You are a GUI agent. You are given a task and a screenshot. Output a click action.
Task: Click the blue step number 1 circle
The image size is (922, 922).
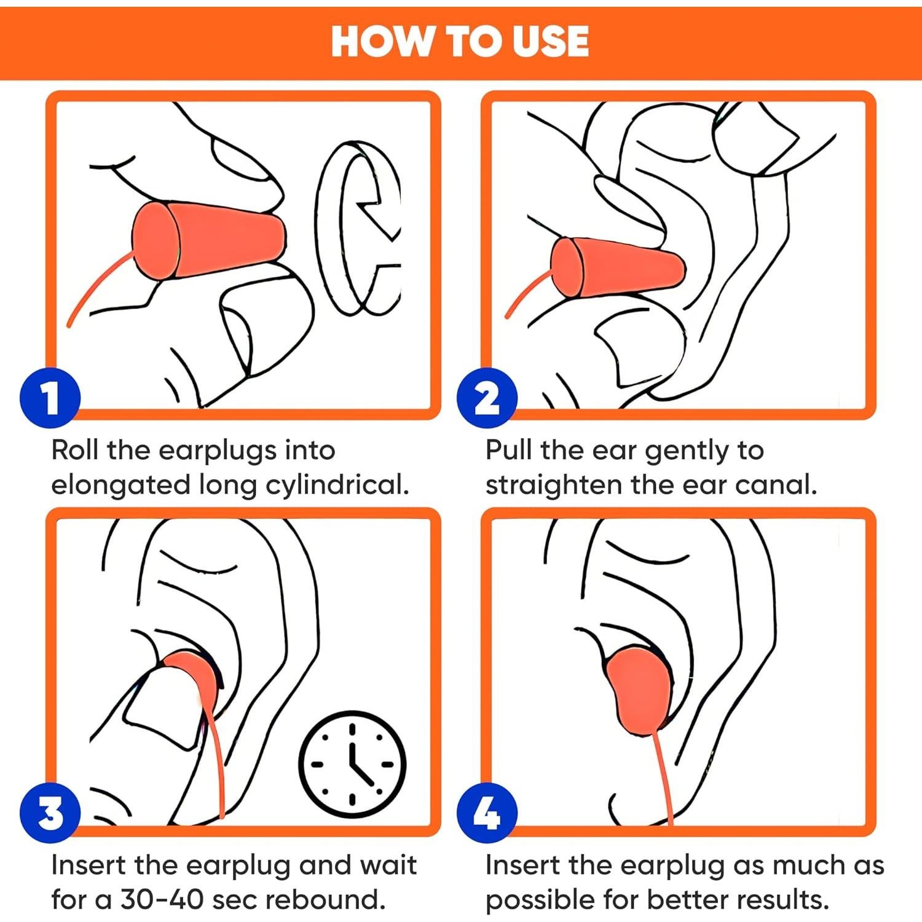click(x=50, y=398)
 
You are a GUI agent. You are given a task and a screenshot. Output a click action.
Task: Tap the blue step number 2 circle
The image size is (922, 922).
click(x=487, y=398)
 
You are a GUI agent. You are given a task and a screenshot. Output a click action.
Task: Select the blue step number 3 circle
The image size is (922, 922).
click(x=50, y=813)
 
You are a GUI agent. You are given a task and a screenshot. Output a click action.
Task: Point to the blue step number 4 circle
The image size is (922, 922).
click(x=487, y=813)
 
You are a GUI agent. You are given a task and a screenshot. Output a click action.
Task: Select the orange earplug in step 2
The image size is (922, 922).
click(x=618, y=267)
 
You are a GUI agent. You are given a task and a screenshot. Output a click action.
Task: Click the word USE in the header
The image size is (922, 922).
click(x=551, y=41)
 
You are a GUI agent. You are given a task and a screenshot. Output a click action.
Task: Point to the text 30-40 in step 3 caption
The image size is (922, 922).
click(x=161, y=899)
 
